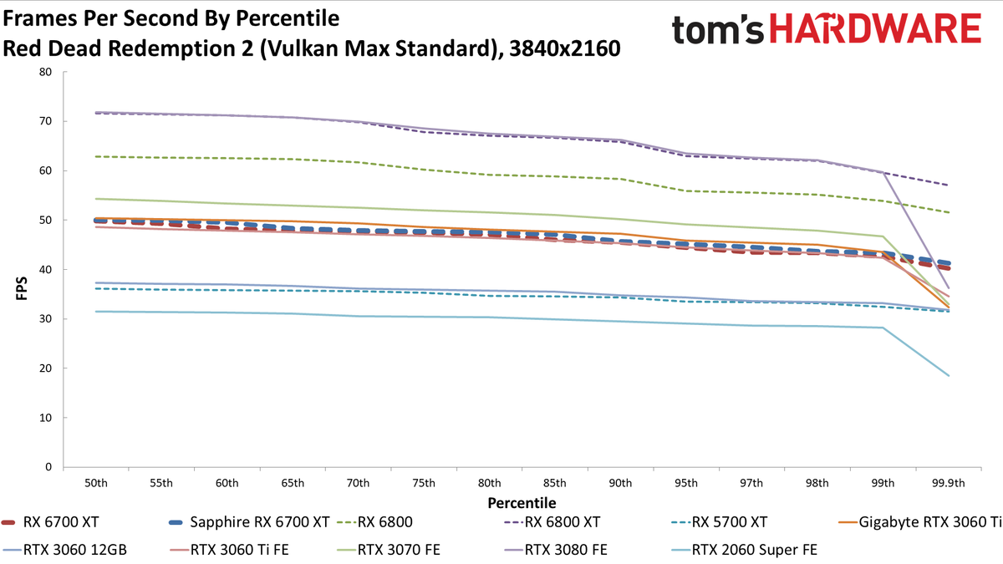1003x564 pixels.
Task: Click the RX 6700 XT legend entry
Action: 50,522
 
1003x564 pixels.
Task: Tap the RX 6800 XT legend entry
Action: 552,522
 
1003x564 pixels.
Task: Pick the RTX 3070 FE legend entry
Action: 388,550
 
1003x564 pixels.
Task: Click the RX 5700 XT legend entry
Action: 719,522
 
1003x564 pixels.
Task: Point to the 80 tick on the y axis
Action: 45,72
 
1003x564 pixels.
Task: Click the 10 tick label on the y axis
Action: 45,418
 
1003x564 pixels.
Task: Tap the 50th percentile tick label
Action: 96,484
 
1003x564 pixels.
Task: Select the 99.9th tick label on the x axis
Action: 949,484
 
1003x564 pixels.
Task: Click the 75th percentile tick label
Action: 424,484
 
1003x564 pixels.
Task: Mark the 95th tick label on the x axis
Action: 686,484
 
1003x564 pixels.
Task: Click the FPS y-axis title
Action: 22,288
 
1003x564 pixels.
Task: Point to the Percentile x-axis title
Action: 522,503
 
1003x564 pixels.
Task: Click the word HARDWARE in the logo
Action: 875,28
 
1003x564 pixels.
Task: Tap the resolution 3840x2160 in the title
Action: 565,48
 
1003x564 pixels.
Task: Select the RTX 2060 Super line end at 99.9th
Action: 949,375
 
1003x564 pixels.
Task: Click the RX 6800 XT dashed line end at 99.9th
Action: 949,185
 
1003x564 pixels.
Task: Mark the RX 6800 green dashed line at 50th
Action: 96,157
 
